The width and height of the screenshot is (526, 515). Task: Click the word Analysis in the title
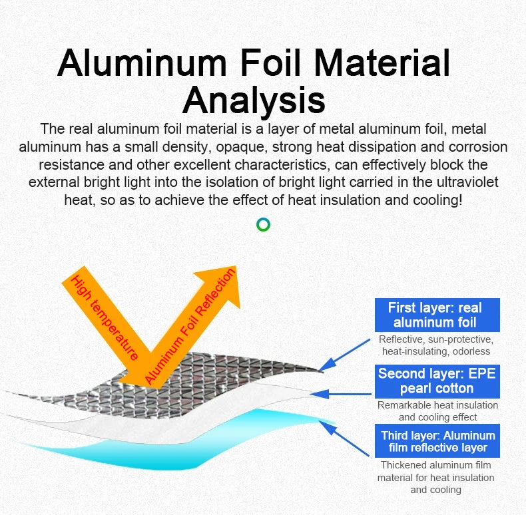point(254,100)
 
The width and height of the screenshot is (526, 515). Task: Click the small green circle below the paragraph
point(263,224)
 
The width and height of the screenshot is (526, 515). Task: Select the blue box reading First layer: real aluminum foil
point(437,315)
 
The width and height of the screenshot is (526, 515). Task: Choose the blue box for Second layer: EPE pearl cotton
point(437,381)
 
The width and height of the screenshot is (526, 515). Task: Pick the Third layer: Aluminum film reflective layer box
point(437,440)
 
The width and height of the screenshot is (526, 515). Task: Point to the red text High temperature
point(105,317)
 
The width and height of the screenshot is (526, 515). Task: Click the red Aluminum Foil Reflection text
point(190,326)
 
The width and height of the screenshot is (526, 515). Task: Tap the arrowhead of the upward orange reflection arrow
point(222,284)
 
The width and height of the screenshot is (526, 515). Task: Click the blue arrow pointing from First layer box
point(344,355)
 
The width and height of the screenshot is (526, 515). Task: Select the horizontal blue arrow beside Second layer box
point(342,394)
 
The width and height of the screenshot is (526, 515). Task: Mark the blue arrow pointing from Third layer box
point(344,438)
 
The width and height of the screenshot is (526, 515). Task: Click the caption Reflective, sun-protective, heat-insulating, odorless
point(436,345)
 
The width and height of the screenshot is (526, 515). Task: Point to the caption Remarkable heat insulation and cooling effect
point(437,411)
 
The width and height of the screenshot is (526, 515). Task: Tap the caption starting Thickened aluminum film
point(435,477)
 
